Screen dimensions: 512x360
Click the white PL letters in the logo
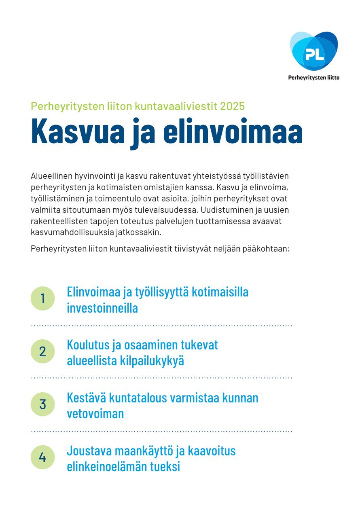pos(314,54)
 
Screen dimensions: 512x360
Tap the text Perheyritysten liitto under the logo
pos(313,78)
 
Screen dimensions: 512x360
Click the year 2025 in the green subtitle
pos(233,106)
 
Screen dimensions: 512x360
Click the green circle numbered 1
pos(42,298)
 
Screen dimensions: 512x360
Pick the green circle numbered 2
pos(42,351)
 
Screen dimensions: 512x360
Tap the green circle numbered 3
pos(42,404)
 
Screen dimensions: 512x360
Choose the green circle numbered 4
pos(42,457)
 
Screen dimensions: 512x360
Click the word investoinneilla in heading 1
pos(102,308)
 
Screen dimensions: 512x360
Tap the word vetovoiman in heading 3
pos(95,414)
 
